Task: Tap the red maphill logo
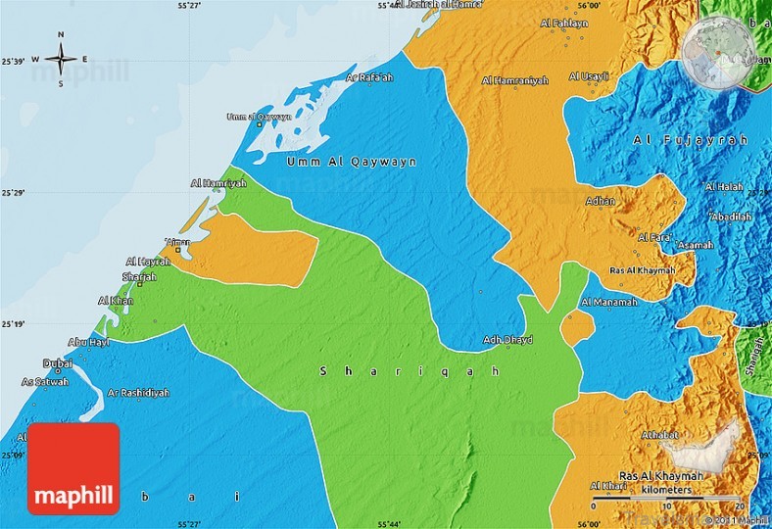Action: pos(73,468)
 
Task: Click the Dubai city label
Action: pos(58,363)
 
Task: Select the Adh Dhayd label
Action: pos(507,340)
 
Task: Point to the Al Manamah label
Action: pos(609,303)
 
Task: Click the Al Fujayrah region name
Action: pos(690,141)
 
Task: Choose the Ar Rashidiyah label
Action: pos(138,392)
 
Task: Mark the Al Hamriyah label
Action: pos(218,183)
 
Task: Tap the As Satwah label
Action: pos(45,382)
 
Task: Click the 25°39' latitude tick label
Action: pos(13,62)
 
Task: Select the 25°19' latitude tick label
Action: pos(13,324)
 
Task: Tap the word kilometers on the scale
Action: pos(667,489)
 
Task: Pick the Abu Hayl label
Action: pos(88,342)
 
